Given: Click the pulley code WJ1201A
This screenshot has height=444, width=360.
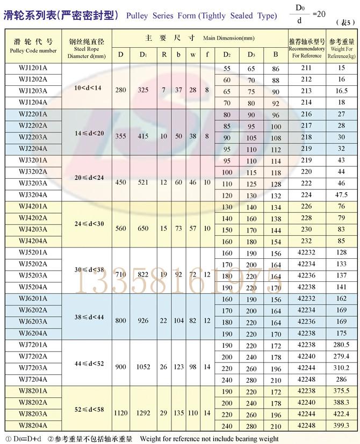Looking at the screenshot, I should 33,68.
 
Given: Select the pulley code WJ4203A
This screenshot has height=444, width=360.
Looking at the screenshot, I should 33,229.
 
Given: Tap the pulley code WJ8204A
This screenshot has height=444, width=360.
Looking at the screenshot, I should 33,425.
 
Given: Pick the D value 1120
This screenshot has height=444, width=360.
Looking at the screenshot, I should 121,414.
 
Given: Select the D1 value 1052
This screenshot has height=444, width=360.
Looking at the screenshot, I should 143,367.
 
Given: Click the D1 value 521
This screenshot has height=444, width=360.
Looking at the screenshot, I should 143,183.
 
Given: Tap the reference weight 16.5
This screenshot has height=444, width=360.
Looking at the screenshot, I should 342,91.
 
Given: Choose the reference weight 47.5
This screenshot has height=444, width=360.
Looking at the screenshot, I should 342,195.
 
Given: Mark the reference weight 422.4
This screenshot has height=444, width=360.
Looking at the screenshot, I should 342,414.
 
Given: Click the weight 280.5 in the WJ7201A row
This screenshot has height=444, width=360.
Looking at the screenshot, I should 342,345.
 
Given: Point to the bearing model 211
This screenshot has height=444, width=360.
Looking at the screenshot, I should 306,68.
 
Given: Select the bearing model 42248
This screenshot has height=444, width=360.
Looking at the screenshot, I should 306,425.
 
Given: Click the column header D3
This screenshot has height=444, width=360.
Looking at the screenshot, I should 251,54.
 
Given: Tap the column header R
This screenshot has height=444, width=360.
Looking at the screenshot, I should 164,54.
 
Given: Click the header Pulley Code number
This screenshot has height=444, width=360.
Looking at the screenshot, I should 33,50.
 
